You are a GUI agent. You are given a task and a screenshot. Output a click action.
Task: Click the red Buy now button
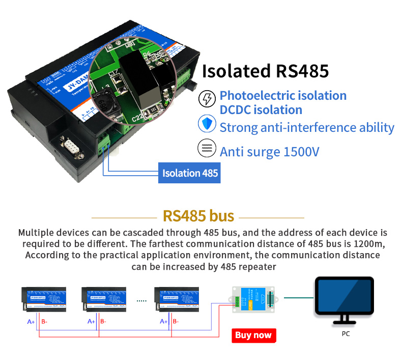pos(253,335)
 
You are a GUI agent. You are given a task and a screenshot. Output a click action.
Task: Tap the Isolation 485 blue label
pos(190,173)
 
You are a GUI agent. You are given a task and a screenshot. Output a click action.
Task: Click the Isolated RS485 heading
pos(265,71)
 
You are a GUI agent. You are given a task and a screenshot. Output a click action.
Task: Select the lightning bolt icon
pos(206,98)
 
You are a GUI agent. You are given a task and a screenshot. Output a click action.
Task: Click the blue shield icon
pos(206,124)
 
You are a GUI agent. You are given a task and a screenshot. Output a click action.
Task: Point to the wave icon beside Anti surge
pos(206,149)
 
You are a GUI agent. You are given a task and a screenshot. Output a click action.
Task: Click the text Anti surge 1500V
pos(269,151)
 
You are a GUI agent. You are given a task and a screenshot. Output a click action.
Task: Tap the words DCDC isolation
pos(261,110)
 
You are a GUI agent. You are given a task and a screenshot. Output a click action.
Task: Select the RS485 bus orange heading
pos(198,216)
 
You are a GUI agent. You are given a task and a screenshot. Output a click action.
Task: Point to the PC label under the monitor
pos(346,334)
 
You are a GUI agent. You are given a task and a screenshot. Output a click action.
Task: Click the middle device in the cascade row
pos(104,299)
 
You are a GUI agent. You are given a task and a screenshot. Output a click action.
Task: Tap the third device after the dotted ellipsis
pos(177,299)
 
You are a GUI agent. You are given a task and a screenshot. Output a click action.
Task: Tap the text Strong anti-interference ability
pos(307,127)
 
